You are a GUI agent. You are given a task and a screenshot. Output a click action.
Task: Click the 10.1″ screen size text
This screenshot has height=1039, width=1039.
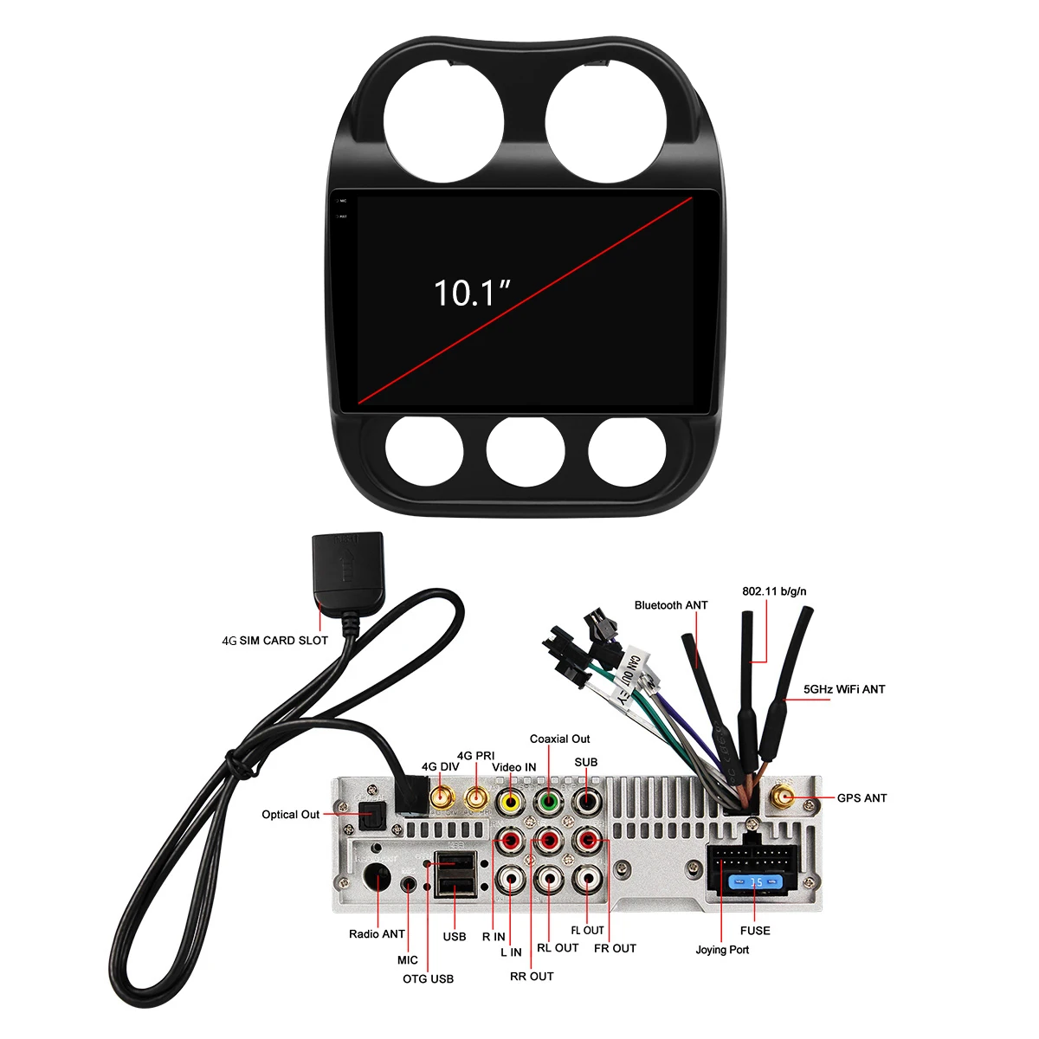(x=472, y=293)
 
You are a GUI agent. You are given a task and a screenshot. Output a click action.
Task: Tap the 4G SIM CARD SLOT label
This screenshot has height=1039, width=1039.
(x=275, y=641)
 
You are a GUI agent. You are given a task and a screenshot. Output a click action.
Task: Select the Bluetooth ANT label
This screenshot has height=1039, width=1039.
(x=671, y=605)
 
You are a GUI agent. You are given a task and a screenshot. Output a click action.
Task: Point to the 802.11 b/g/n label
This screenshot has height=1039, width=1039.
(x=774, y=591)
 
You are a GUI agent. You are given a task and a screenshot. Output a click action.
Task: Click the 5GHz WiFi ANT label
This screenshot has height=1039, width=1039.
(x=844, y=689)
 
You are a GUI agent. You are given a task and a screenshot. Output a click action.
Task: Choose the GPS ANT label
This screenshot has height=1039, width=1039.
(x=862, y=798)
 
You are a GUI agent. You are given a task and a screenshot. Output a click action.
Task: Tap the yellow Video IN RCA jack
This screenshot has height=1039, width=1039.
(x=511, y=801)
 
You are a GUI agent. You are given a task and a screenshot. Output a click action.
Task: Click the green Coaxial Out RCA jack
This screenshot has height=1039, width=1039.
(x=549, y=801)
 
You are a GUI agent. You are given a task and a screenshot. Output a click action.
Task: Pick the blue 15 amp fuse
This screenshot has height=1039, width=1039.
(x=756, y=882)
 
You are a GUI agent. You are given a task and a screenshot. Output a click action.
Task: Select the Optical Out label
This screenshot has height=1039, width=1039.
(x=291, y=815)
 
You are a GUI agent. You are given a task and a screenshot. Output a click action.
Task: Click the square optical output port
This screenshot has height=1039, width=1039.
(x=372, y=814)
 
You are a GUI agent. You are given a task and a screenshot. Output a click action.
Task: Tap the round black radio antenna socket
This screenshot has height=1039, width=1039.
(x=378, y=878)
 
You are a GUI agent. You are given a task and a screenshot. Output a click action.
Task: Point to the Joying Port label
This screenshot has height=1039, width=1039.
(x=722, y=950)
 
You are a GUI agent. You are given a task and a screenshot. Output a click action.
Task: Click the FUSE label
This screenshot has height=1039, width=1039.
(x=755, y=931)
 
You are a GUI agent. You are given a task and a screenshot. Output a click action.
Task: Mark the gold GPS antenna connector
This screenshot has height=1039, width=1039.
(x=784, y=797)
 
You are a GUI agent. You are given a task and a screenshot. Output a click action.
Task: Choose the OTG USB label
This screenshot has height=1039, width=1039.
(x=428, y=979)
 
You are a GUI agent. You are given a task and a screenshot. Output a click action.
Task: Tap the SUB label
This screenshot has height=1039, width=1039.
(x=586, y=763)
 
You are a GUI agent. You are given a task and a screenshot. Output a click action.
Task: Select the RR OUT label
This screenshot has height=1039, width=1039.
(x=532, y=977)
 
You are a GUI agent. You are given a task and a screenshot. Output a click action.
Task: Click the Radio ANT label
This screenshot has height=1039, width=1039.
(x=377, y=934)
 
